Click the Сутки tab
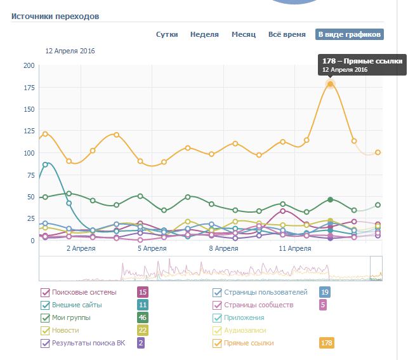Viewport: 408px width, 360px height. click(167, 34)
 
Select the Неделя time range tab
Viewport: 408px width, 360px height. click(204, 34)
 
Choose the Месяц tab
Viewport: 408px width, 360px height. click(244, 34)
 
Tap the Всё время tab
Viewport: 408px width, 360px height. click(286, 34)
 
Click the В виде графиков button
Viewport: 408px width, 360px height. click(350, 34)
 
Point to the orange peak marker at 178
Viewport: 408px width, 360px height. click(330, 84)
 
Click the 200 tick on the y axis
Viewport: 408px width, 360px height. click(29, 65)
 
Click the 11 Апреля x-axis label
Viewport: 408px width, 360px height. click(295, 249)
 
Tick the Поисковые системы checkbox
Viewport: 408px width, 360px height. click(45, 293)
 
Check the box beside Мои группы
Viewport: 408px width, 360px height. click(45, 318)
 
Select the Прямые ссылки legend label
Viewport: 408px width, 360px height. click(249, 343)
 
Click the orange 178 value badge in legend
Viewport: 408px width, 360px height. click(326, 343)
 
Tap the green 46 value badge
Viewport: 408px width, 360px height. click(143, 318)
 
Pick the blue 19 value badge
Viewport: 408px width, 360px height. click(325, 293)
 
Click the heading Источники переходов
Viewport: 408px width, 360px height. click(55, 15)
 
